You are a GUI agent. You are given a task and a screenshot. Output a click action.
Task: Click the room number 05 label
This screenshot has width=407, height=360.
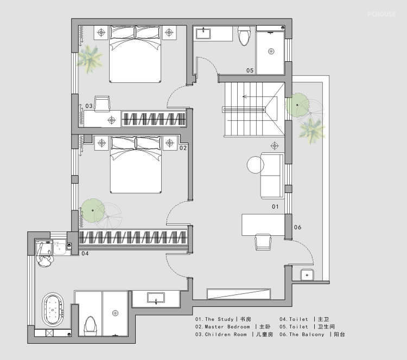(x=250, y=70)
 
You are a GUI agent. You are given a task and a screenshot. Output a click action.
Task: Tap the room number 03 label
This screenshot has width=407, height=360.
(x=89, y=106)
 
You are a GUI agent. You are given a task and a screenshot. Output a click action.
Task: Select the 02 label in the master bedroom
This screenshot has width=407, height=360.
(x=183, y=148)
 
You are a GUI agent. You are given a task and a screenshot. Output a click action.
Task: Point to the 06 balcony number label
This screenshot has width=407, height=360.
(x=297, y=227)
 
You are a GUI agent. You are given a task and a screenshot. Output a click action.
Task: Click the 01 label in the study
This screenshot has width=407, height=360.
(x=275, y=207)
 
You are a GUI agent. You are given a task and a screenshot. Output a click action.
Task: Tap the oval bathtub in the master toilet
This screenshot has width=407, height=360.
(x=53, y=310)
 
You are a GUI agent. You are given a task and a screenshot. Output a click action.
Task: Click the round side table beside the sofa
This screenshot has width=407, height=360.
(x=256, y=165)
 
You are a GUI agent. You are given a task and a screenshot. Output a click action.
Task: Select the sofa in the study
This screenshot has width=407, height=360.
(x=272, y=176)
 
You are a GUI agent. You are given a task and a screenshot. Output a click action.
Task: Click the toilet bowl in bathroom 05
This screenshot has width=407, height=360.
(x=244, y=36)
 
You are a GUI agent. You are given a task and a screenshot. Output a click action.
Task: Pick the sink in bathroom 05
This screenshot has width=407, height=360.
(x=203, y=34)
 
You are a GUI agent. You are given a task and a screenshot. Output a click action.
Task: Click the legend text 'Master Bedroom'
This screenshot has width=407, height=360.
(x=227, y=327)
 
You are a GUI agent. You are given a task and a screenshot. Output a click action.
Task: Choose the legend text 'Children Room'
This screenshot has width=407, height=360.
(x=226, y=335)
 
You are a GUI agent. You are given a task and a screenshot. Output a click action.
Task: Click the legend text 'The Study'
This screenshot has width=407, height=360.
(x=219, y=319)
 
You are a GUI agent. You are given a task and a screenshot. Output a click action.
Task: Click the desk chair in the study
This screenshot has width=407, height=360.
(x=263, y=242)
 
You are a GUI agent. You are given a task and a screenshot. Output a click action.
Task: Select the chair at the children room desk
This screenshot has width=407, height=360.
(x=102, y=104)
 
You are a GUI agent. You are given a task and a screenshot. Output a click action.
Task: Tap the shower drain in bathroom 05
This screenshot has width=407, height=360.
(x=271, y=51)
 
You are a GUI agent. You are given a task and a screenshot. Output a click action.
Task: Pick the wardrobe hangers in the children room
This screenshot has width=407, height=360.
(x=154, y=119)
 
